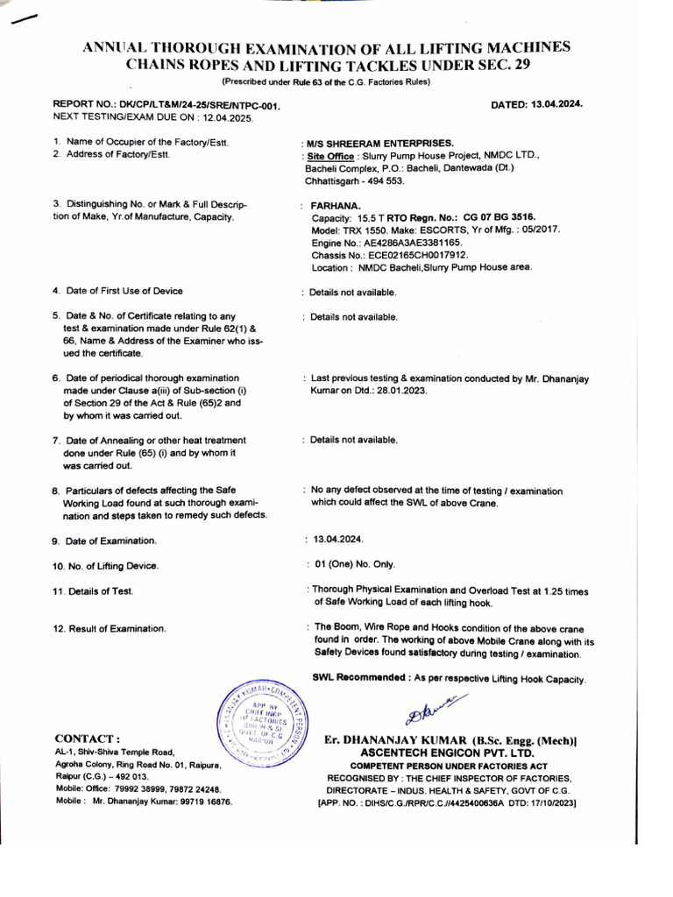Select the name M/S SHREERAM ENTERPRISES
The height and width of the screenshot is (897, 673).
tap(379, 142)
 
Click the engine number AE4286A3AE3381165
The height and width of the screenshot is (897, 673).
tap(415, 242)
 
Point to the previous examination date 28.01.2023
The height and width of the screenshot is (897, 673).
tap(400, 391)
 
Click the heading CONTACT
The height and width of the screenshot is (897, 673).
tap(88, 738)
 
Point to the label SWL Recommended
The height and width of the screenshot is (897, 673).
tap(359, 679)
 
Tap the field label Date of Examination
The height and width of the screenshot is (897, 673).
tap(110, 541)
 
